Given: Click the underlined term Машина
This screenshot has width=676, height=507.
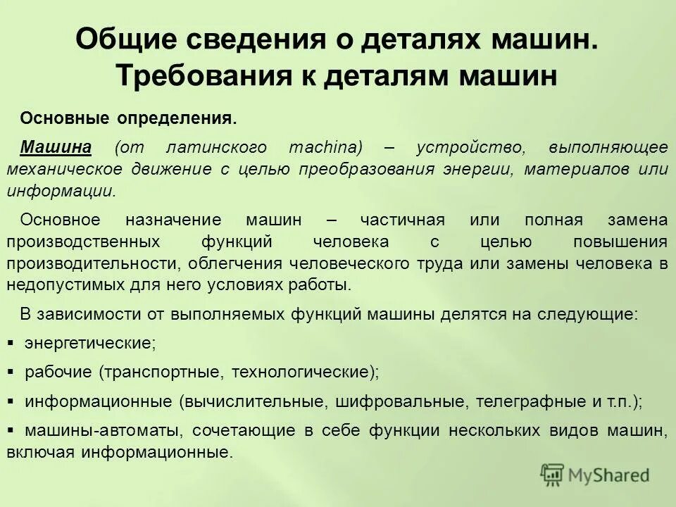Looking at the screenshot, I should [x=56, y=148].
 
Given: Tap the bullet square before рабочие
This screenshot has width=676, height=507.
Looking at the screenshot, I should [x=11, y=371].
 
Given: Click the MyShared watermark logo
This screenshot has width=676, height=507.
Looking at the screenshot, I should [x=595, y=475].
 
